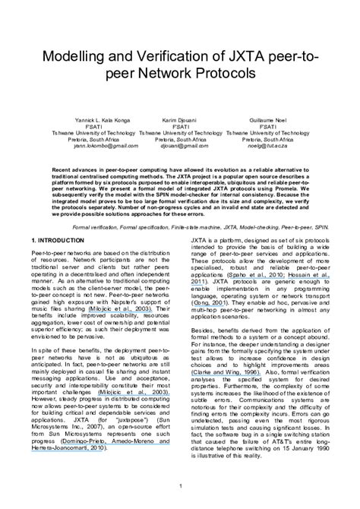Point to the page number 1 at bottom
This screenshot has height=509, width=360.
(x=179, y=485)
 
